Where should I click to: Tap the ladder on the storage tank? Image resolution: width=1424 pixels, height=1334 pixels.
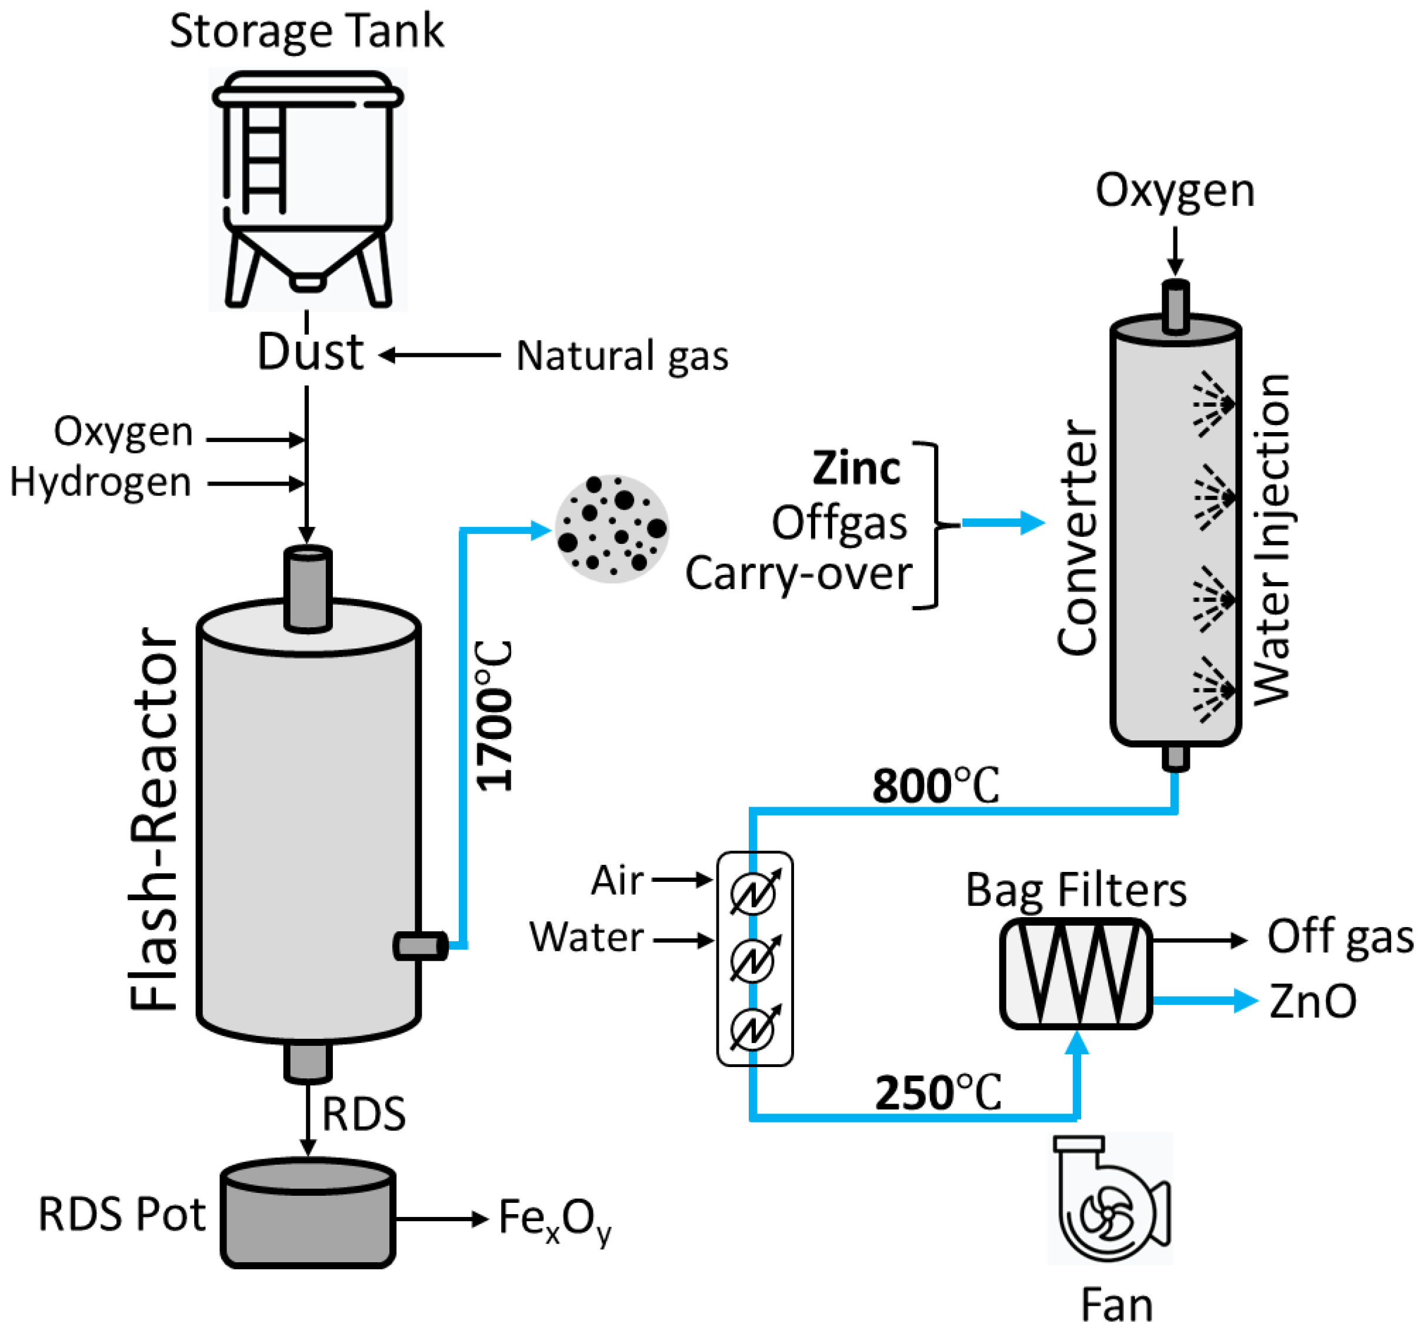click(264, 159)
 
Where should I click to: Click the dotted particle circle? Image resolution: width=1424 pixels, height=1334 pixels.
click(612, 529)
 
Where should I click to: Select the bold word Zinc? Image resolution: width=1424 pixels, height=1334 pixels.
click(856, 469)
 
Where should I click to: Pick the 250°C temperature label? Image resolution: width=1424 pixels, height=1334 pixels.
click(938, 1094)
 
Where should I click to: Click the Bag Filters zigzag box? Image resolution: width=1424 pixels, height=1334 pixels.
click(1076, 973)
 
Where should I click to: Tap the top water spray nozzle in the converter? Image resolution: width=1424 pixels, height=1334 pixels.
click(1213, 403)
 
